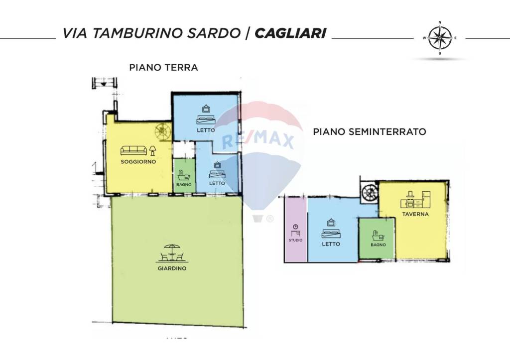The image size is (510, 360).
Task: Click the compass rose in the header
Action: point(440,38)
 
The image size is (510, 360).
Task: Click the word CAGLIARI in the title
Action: point(290,33)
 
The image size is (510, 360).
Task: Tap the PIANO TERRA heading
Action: point(163,67)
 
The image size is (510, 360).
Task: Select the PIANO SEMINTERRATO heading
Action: point(370,132)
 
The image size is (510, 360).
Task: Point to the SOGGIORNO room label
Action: point(139,162)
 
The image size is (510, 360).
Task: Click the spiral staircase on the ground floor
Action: point(162,131)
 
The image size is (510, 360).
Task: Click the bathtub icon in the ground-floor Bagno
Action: point(183,175)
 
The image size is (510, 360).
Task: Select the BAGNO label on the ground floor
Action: point(183,185)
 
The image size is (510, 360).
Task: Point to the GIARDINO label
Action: point(172,268)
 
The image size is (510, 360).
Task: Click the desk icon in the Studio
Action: point(295,230)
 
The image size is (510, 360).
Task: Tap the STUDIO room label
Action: point(295,240)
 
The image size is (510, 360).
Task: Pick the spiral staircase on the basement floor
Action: point(370,192)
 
